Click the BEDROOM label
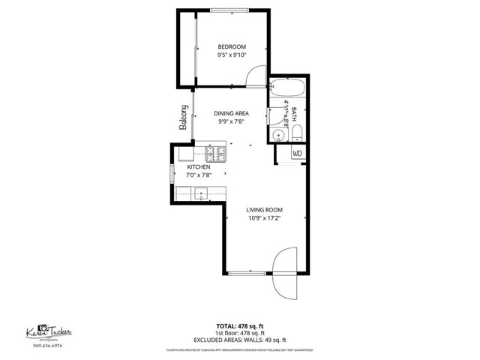[x=232, y=46]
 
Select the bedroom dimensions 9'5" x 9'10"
[x=232, y=55]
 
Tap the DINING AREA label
[x=232, y=113]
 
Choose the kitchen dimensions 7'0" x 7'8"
[x=199, y=175]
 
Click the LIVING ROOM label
[x=265, y=210]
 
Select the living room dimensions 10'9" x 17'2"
[x=265, y=218]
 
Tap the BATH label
[x=295, y=113]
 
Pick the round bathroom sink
[x=277, y=135]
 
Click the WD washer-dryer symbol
[x=297, y=154]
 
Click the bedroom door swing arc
[x=256, y=75]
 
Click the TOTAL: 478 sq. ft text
[x=240, y=325]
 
